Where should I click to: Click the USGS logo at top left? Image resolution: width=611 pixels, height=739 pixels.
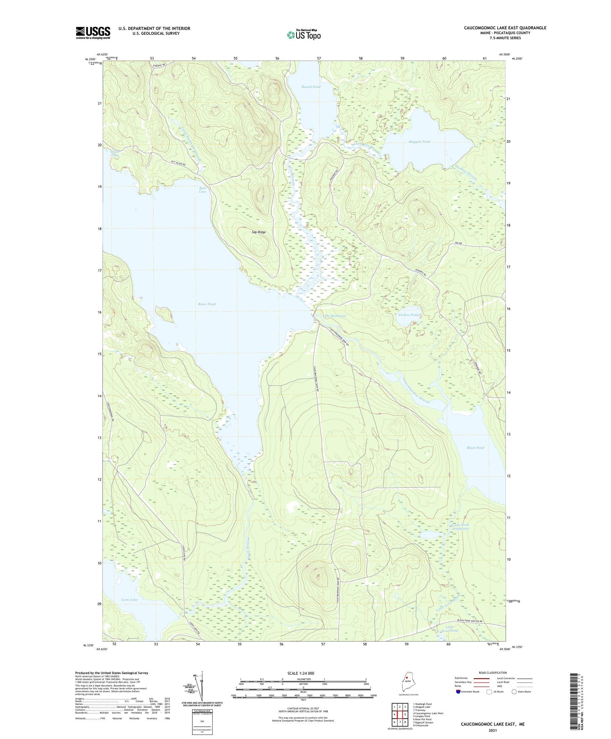93,33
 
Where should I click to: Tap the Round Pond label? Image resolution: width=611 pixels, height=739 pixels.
311,87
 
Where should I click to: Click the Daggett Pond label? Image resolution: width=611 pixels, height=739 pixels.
419,141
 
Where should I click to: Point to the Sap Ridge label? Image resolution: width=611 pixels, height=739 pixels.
259,232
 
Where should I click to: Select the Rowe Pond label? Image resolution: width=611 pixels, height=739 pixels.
207,304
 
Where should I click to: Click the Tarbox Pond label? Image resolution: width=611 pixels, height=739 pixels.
408,315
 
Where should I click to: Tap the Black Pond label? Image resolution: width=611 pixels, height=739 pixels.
475,448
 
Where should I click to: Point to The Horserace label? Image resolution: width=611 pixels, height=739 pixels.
335,316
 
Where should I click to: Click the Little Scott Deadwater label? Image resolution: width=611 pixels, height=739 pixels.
460,527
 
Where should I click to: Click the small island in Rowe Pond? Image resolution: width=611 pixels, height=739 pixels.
163,313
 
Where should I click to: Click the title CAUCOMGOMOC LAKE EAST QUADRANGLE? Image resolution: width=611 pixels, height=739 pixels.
505,28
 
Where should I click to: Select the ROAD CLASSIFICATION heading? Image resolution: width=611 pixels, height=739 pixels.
493,673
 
